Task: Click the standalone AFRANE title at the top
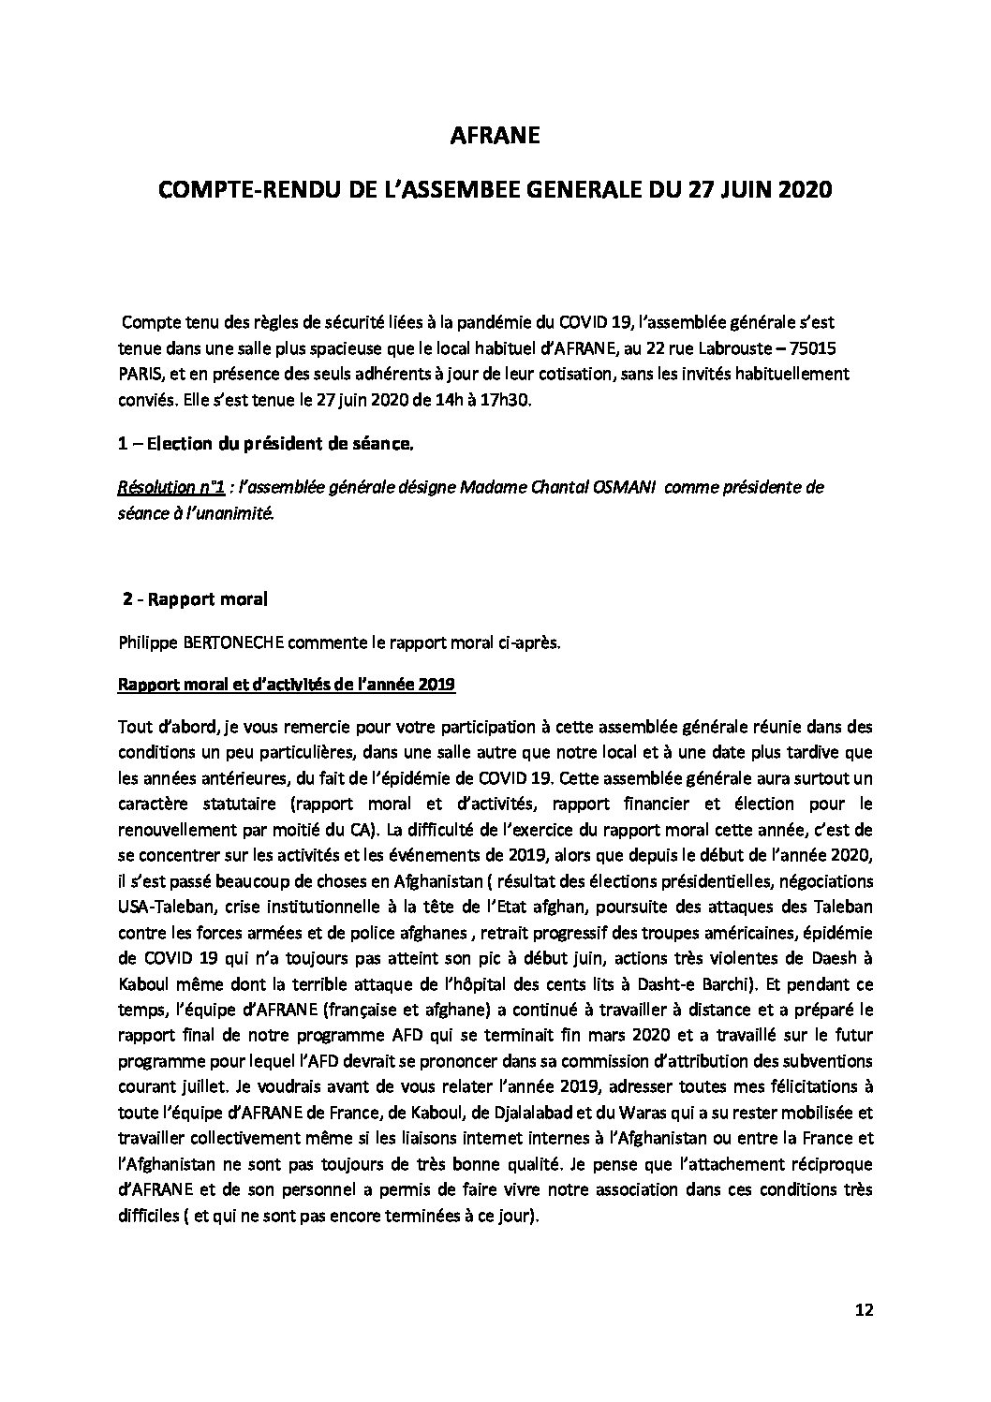click(x=495, y=137)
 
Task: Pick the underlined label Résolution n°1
click(x=171, y=488)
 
